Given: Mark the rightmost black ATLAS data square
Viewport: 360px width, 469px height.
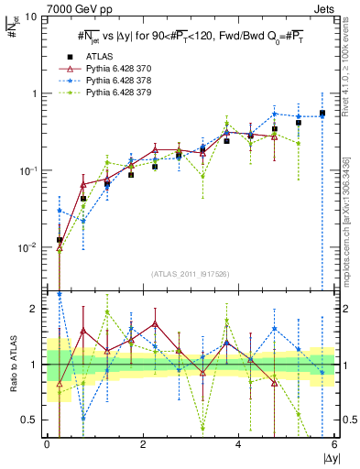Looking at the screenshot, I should [x=322, y=114].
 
